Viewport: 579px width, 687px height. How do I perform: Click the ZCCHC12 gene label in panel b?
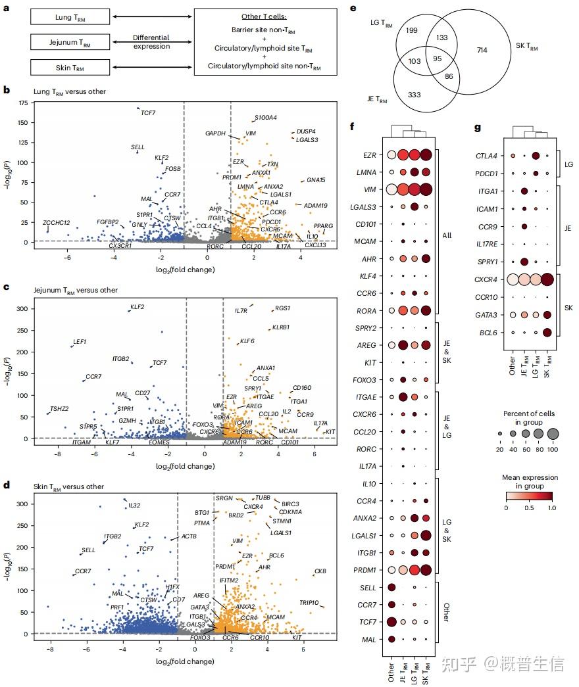57,223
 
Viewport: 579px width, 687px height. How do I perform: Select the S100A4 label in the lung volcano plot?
266,118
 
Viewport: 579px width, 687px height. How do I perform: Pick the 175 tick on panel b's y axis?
26,104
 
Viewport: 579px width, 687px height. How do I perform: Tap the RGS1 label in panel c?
282,308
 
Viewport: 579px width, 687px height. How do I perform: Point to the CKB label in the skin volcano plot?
320,571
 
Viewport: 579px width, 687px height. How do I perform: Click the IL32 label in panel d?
134,505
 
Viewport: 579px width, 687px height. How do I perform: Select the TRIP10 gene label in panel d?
309,602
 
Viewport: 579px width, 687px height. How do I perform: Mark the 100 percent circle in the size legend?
553,433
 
